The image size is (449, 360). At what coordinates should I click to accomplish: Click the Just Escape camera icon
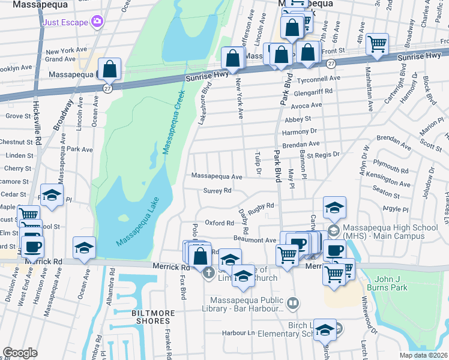click(x=97, y=22)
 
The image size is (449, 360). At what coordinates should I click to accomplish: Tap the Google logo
click(x=20, y=353)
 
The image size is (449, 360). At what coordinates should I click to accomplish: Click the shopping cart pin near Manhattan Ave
click(x=377, y=43)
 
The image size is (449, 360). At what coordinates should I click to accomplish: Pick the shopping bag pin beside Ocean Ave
click(x=110, y=69)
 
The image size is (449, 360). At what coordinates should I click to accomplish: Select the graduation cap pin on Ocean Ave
click(x=84, y=248)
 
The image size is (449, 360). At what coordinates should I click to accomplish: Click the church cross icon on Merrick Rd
click(x=208, y=274)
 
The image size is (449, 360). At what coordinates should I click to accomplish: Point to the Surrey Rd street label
click(x=217, y=191)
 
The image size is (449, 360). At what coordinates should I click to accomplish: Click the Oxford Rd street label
click(x=219, y=223)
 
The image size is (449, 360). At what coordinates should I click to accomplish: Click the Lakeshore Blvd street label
click(x=205, y=103)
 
